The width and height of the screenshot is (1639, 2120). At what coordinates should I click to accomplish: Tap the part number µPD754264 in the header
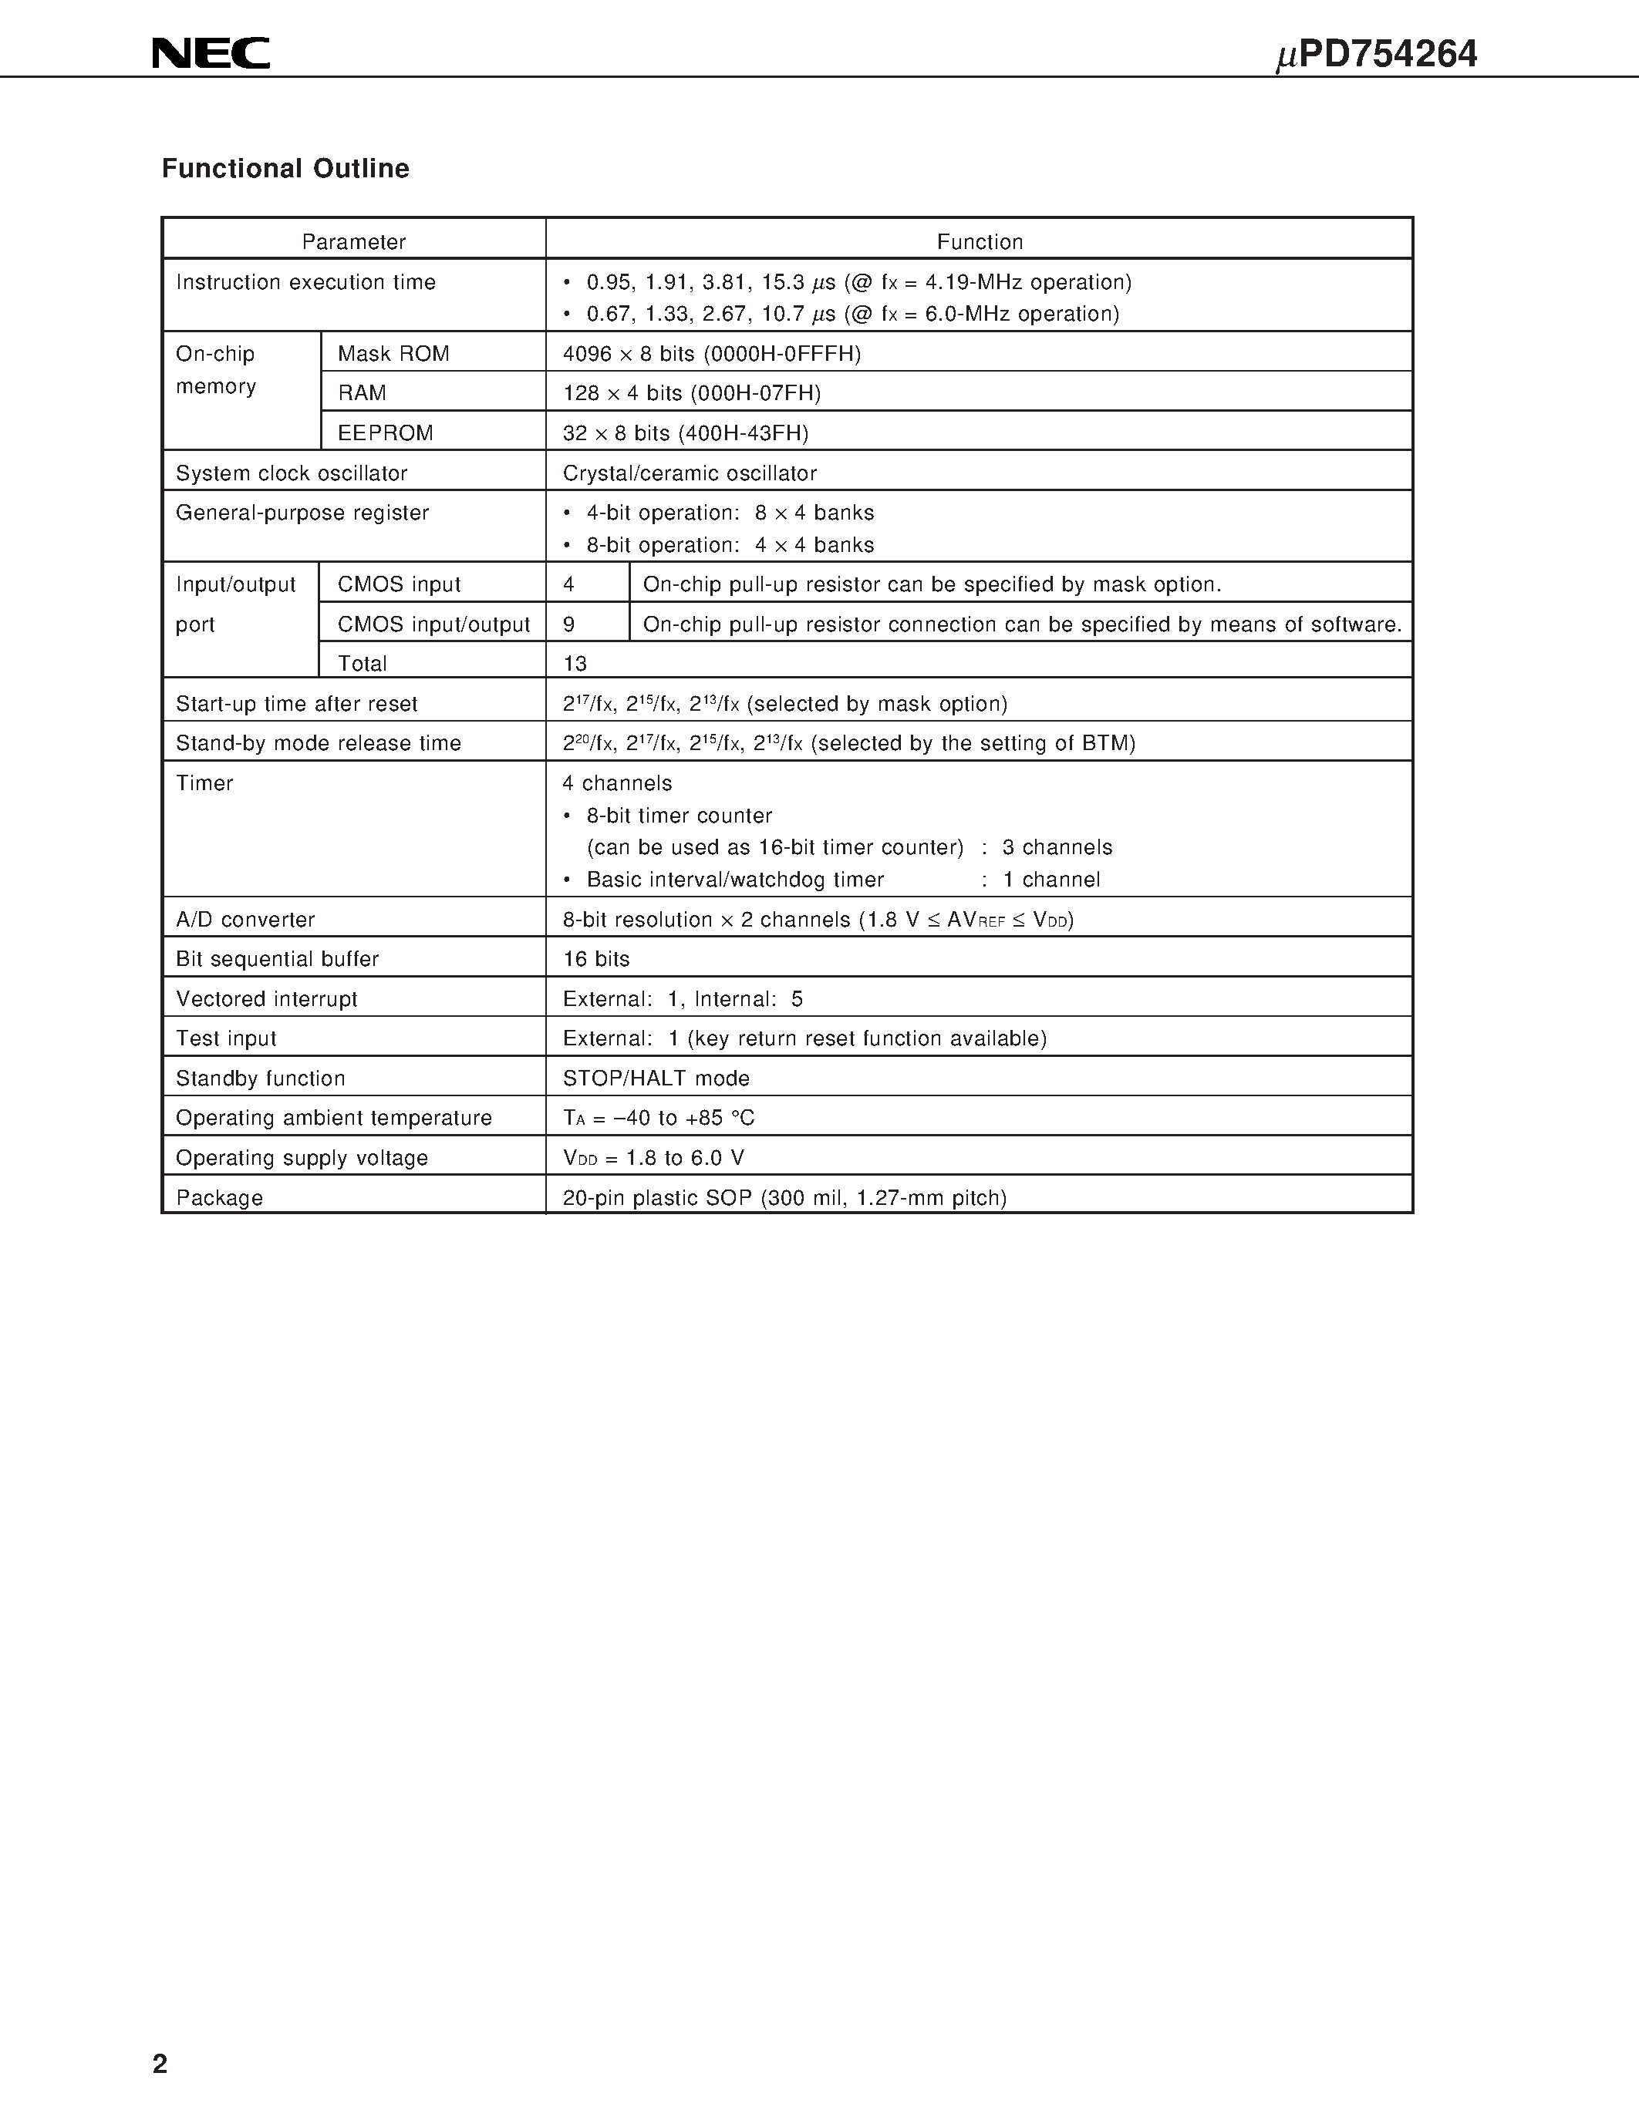pyautogui.click(x=1376, y=55)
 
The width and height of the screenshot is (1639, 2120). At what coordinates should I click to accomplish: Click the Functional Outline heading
pyautogui.click(x=285, y=169)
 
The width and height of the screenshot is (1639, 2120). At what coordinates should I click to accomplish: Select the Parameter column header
pyautogui.click(x=353, y=242)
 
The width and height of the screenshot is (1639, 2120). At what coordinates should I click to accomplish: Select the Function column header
pyautogui.click(x=979, y=242)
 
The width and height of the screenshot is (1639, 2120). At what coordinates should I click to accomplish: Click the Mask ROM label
pyautogui.click(x=393, y=353)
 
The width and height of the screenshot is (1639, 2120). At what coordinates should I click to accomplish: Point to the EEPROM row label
pyautogui.click(x=386, y=433)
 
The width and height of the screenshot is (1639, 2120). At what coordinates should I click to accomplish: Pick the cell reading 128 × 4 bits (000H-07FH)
pyautogui.click(x=691, y=393)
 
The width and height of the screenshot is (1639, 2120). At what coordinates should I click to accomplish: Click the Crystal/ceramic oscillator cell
pyautogui.click(x=690, y=473)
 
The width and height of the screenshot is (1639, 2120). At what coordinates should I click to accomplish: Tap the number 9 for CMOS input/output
pyautogui.click(x=569, y=624)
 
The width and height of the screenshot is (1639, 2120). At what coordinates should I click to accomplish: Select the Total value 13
pyautogui.click(x=575, y=664)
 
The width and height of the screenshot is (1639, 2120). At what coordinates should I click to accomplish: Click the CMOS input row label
pyautogui.click(x=399, y=584)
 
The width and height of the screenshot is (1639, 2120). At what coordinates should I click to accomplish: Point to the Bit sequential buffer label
pyautogui.click(x=277, y=959)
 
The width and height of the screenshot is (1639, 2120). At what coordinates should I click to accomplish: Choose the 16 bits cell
pyautogui.click(x=596, y=959)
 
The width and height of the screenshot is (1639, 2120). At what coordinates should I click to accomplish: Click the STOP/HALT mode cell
pyautogui.click(x=656, y=1079)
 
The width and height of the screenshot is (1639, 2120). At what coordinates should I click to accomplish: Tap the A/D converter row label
pyautogui.click(x=245, y=919)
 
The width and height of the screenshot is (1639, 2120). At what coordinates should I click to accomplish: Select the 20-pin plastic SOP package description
pyautogui.click(x=784, y=1198)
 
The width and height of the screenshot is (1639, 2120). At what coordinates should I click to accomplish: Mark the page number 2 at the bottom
pyautogui.click(x=160, y=2064)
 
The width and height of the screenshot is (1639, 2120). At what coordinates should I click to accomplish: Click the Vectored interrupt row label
pyautogui.click(x=266, y=999)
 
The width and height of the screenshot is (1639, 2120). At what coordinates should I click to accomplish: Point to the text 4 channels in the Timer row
pyautogui.click(x=618, y=783)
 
